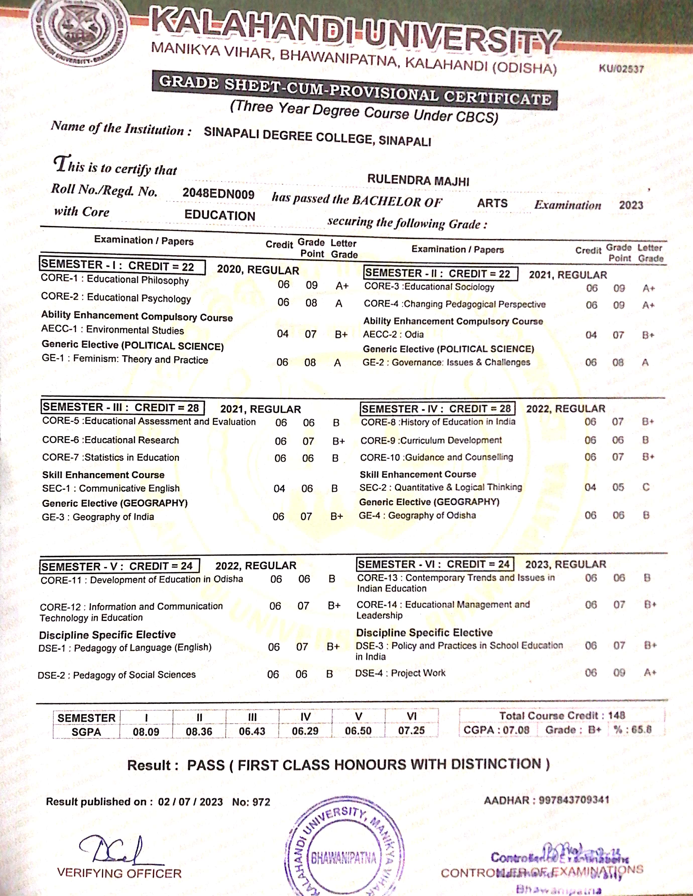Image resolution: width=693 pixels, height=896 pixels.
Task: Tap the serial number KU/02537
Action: pyautogui.click(x=621, y=69)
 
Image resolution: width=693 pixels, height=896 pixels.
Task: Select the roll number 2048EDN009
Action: pyautogui.click(x=218, y=194)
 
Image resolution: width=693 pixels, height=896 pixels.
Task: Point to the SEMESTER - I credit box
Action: pyautogui.click(x=122, y=265)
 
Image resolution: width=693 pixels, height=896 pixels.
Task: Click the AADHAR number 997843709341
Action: pyautogui.click(x=574, y=800)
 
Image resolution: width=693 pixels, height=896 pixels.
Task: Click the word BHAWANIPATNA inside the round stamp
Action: pyautogui.click(x=343, y=858)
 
